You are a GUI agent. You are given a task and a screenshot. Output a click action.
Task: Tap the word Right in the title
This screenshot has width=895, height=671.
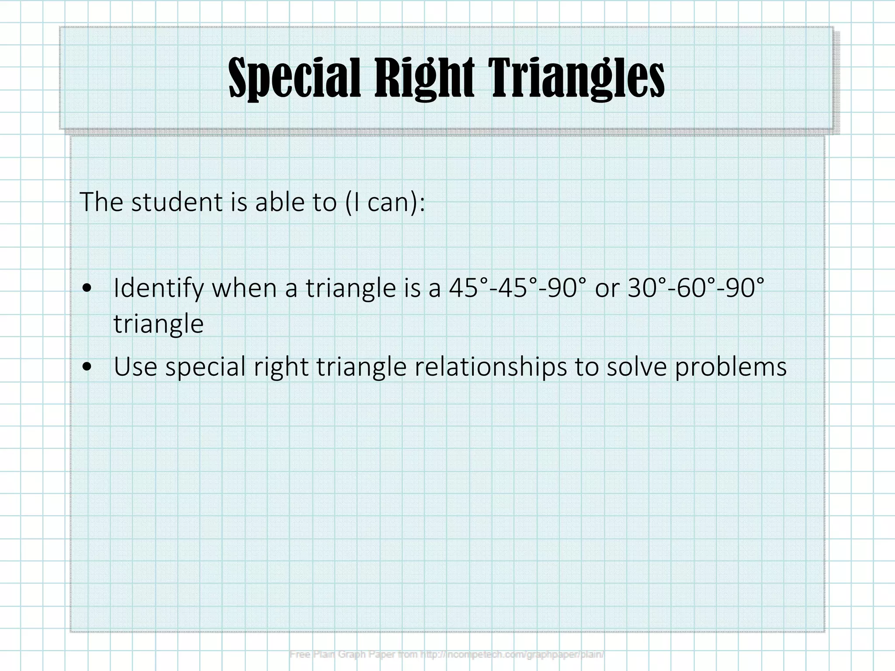coord(424,79)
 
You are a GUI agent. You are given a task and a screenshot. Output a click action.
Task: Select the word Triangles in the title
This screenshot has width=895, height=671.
coord(577,79)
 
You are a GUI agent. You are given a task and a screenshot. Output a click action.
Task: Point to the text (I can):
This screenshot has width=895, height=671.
coord(385,203)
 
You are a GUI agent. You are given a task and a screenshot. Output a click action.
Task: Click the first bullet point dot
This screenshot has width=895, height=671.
coord(87,288)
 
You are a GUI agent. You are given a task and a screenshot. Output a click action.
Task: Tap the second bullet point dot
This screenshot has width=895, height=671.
coord(87,367)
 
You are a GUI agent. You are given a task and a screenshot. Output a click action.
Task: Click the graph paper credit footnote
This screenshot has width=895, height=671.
coord(447,654)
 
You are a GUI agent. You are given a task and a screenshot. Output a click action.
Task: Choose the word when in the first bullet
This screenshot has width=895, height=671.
coord(244,288)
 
